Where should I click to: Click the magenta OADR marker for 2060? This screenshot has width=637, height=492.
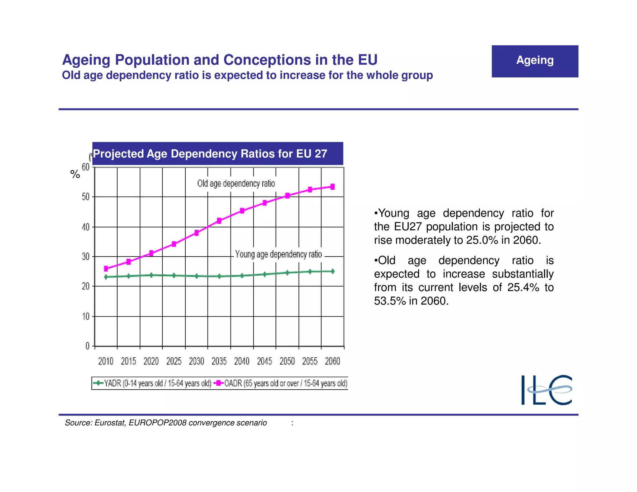332,187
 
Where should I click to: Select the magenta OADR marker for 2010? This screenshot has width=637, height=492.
106,268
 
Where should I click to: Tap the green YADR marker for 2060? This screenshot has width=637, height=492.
332,271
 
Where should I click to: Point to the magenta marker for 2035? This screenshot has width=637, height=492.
219,220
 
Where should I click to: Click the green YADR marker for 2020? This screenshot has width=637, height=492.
151,275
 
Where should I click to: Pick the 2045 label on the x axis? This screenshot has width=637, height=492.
264,361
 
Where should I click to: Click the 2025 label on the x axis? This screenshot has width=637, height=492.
174,361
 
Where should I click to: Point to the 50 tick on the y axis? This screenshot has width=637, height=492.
86,197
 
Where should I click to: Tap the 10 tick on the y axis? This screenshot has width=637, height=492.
86,316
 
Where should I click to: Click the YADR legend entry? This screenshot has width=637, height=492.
152,383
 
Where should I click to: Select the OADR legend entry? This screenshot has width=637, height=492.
281,383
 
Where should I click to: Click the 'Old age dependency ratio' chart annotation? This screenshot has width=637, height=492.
236,183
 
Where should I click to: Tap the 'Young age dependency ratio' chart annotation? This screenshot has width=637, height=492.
278,254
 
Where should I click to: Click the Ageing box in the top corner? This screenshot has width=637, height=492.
535,61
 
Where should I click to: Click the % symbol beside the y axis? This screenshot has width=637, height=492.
75,174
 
